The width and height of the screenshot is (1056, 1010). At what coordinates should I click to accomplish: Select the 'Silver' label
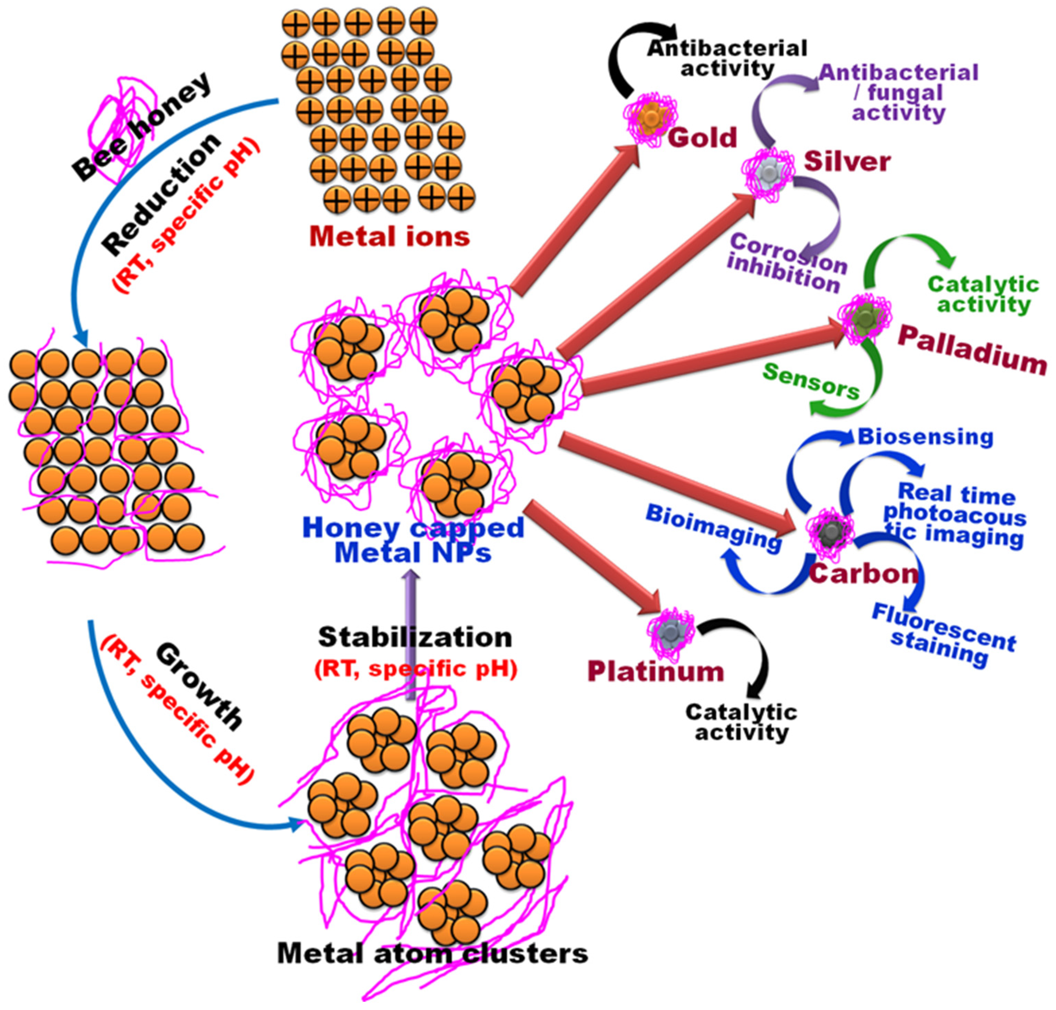[x=847, y=162]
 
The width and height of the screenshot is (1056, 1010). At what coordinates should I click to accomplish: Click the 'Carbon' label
[x=863, y=573]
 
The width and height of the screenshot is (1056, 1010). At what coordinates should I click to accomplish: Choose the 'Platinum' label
[x=655, y=671]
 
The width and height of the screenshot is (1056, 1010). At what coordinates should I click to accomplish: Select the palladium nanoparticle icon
[x=864, y=317]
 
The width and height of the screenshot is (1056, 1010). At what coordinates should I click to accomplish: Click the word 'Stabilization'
[x=415, y=637]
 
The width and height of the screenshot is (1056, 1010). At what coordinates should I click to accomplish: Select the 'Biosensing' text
[x=925, y=437]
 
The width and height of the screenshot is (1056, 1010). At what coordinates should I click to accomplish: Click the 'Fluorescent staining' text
[x=943, y=635]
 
